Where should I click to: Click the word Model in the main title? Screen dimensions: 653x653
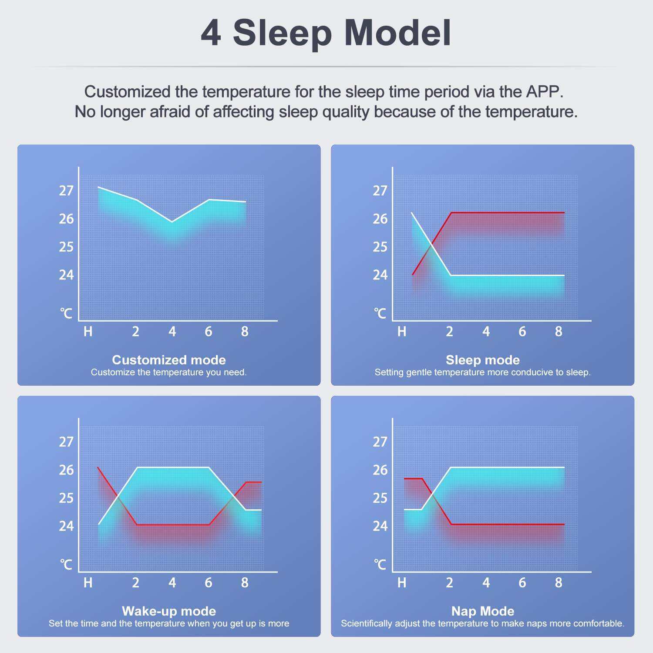[398, 33]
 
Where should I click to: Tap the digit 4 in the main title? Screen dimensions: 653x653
[211, 33]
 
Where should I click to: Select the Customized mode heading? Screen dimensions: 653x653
[169, 360]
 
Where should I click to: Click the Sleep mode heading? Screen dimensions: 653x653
[483, 360]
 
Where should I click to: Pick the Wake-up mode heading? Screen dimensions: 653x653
[169, 611]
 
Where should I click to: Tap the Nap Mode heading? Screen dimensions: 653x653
[483, 611]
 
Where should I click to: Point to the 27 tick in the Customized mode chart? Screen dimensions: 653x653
[66, 191]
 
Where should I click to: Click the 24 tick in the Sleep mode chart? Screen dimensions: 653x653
[380, 275]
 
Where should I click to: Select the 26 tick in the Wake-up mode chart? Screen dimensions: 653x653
[66, 470]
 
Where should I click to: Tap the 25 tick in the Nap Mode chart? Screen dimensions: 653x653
[380, 498]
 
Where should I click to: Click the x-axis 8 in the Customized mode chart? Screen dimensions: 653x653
[245, 332]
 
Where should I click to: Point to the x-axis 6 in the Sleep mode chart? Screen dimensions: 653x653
[522, 332]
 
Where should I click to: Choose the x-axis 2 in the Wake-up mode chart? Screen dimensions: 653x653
[136, 583]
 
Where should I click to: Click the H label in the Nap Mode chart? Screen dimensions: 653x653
[402, 583]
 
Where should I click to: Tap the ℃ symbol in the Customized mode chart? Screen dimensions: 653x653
[66, 313]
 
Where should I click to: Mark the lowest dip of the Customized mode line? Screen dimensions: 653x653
[172, 222]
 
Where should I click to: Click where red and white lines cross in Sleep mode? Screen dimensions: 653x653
[432, 245]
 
